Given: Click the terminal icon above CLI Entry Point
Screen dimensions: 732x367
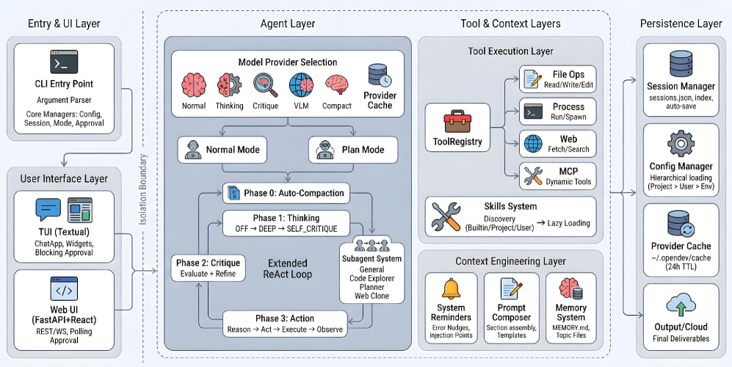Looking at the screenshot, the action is click(64, 62).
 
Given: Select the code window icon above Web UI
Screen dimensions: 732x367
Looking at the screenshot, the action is click(64, 289).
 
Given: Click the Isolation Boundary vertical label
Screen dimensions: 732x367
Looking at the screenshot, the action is click(143, 189).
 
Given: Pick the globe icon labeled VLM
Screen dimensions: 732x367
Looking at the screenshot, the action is click(301, 85).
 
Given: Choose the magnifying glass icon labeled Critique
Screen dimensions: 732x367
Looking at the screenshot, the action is click(266, 85).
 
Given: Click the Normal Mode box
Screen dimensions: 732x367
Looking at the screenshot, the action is click(222, 150).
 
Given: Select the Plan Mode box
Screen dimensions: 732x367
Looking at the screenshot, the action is click(353, 150).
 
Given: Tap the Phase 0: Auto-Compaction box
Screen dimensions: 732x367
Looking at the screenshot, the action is click(286, 193).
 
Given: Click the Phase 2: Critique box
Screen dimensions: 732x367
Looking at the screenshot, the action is click(209, 268).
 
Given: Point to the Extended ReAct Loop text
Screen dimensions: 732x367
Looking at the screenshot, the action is click(288, 269).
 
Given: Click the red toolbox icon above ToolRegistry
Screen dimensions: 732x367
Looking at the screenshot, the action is click(457, 121).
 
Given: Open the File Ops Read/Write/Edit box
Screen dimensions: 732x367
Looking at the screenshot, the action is click(558, 79).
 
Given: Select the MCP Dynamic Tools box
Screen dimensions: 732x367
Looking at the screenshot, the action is click(558, 176).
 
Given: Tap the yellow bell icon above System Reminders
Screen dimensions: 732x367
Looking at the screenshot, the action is click(451, 288).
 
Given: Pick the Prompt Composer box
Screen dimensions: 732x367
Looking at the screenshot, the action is click(511, 308).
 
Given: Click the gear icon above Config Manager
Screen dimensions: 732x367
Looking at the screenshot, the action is click(681, 144).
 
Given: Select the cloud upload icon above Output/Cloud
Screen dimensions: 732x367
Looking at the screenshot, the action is click(681, 305).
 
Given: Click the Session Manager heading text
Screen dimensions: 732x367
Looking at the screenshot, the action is click(681, 87).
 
